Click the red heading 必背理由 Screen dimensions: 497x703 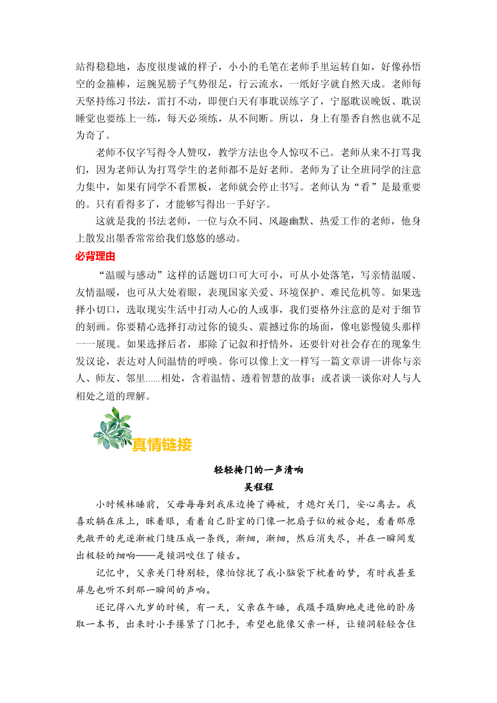coord(95,256)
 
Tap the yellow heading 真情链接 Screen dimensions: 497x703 coord(162,444)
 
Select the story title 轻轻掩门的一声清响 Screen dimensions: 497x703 coord(259,470)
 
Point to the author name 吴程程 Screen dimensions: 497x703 coord(259,487)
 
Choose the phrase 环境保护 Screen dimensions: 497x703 coord(299,293)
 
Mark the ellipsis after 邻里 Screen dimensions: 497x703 coord(153,379)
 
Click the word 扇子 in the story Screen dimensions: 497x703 coord(304,521)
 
